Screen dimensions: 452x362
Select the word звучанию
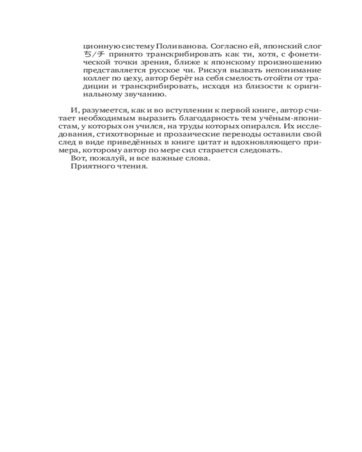[150, 95]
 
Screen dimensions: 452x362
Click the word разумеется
[101, 111]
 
